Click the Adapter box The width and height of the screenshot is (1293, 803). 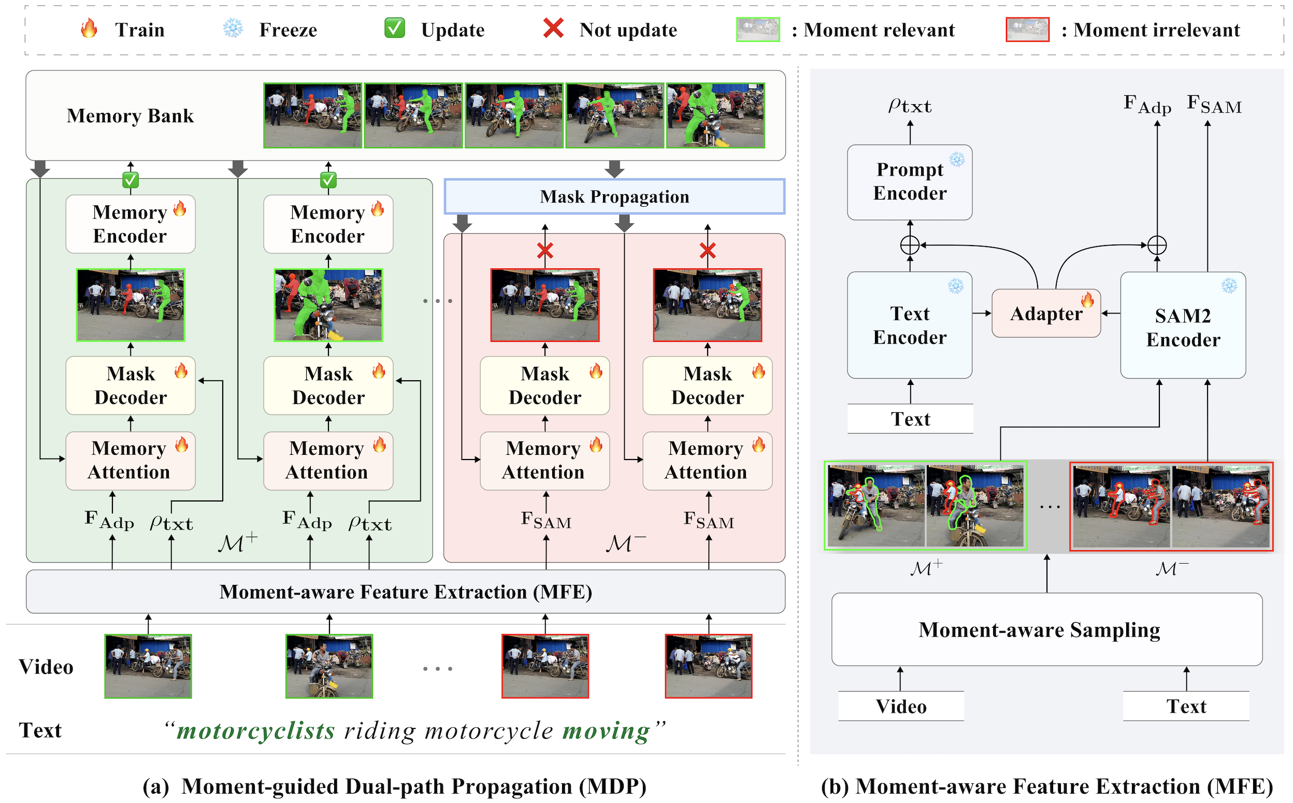pyautogui.click(x=1045, y=313)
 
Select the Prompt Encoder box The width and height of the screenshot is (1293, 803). pyautogui.click(x=910, y=182)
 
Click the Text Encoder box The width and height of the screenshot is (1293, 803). pyautogui.click(x=910, y=325)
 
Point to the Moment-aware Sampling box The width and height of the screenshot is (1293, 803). pyautogui.click(x=1046, y=629)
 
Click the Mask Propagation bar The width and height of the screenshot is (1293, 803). pyautogui.click(x=614, y=196)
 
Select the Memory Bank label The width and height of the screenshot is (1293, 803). pyautogui.click(x=130, y=115)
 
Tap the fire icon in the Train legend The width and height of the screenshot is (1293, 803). pyautogui.click(x=89, y=28)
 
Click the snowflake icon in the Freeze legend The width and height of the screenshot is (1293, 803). pyautogui.click(x=233, y=28)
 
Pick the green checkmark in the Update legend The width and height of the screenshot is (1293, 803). pyautogui.click(x=395, y=28)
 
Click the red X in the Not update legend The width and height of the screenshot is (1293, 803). pyautogui.click(x=553, y=28)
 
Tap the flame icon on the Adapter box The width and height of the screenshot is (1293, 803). pyautogui.click(x=1087, y=299)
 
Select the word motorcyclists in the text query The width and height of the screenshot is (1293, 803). pyautogui.click(x=256, y=731)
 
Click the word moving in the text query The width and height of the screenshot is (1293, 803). pyautogui.click(x=606, y=731)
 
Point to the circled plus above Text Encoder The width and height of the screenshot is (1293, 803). pyautogui.click(x=910, y=245)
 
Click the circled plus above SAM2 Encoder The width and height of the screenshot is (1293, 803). pyautogui.click(x=1157, y=245)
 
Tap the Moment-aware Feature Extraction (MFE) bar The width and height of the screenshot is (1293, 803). pyautogui.click(x=406, y=592)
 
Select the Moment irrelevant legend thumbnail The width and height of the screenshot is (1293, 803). pyautogui.click(x=1027, y=30)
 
